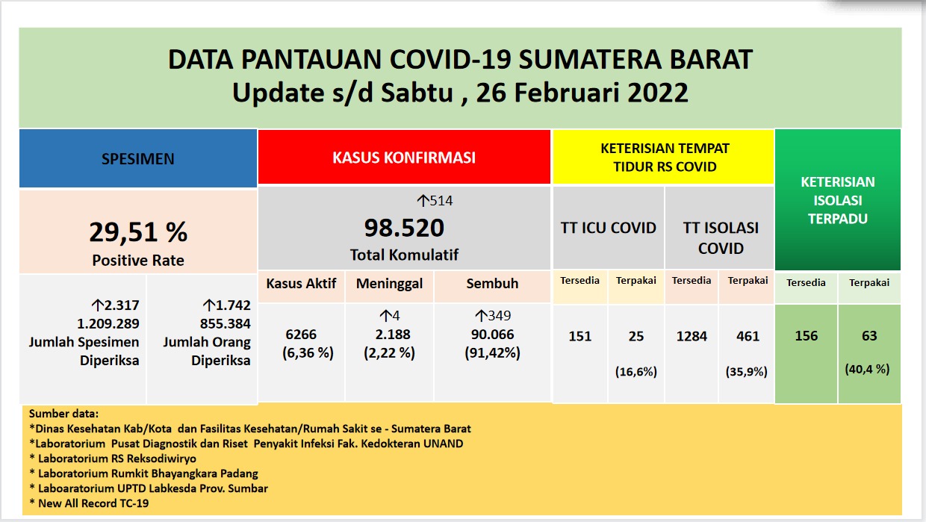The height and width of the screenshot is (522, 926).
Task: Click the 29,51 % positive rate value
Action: point(138,232)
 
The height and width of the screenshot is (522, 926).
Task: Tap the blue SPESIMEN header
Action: point(138,159)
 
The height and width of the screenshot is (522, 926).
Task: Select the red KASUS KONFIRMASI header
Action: point(404,157)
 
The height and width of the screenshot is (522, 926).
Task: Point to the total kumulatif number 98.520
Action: point(404,228)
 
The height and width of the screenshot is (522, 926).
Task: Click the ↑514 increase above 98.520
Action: point(435,201)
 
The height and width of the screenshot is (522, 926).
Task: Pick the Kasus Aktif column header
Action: point(301,284)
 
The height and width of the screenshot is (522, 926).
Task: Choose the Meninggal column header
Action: point(389,284)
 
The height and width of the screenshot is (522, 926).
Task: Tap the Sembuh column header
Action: point(492,284)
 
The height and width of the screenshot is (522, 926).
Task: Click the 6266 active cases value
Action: point(301,335)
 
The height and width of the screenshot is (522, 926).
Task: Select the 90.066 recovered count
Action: point(492,335)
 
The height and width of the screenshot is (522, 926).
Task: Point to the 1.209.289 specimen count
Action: point(108,323)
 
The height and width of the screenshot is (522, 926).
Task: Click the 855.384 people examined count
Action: point(226,323)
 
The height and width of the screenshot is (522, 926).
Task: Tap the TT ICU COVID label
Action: point(608,228)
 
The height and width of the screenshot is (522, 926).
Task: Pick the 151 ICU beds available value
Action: point(580,336)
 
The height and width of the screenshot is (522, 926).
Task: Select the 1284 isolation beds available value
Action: point(692,336)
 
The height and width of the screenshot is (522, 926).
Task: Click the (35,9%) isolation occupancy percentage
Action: point(747,372)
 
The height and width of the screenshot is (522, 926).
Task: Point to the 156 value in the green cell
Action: point(806,335)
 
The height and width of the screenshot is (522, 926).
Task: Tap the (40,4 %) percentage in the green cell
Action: point(867,369)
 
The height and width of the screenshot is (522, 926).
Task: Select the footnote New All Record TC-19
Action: point(90,503)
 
